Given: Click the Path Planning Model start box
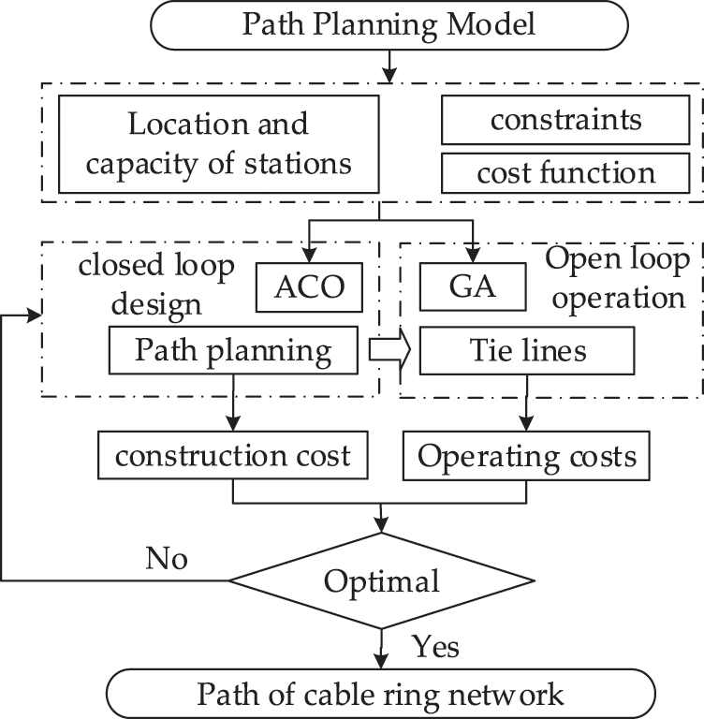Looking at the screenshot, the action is (x=389, y=24).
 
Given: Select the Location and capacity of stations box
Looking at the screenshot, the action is (x=219, y=144).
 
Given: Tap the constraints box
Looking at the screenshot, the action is (x=565, y=120).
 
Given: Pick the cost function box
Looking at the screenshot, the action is (x=565, y=173).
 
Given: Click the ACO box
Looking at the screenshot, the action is (x=309, y=287).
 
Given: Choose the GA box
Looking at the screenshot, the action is (x=473, y=287).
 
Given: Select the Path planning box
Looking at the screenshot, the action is (x=233, y=350).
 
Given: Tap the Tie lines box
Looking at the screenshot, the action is (x=527, y=351).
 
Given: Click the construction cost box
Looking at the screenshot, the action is (x=232, y=455).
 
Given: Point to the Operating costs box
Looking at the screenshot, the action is (x=526, y=456).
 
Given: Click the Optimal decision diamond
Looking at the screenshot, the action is (x=382, y=580).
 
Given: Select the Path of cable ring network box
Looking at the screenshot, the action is (x=381, y=694).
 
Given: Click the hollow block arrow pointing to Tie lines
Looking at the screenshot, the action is (x=389, y=350).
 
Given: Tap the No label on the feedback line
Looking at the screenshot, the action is (x=167, y=559).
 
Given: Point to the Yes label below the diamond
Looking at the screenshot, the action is (x=435, y=647).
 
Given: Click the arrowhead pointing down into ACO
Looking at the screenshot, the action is (x=310, y=256).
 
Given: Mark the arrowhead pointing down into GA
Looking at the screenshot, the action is (x=473, y=256).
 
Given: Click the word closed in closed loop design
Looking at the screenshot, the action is (x=121, y=266).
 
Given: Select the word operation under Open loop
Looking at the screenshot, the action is (x=618, y=298).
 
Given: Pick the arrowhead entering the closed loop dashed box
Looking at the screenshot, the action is (x=35, y=315).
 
